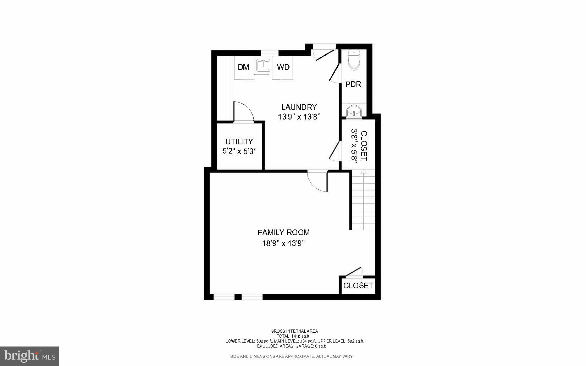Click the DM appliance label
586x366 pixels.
click(243, 67)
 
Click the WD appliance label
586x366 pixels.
click(283, 67)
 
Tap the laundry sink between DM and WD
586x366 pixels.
click(263, 66)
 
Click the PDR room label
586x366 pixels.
click(353, 84)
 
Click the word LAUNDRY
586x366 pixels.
click(299, 107)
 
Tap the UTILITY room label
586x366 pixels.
click(239, 142)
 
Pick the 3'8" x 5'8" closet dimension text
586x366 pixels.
click(354, 145)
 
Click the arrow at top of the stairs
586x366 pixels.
click(363, 172)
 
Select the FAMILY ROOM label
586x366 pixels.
click(283, 233)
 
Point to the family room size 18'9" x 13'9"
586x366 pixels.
click(283, 244)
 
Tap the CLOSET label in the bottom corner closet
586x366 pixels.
click(358, 285)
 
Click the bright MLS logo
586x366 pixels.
click(29, 356)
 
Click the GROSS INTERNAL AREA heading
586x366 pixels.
click(294, 331)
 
